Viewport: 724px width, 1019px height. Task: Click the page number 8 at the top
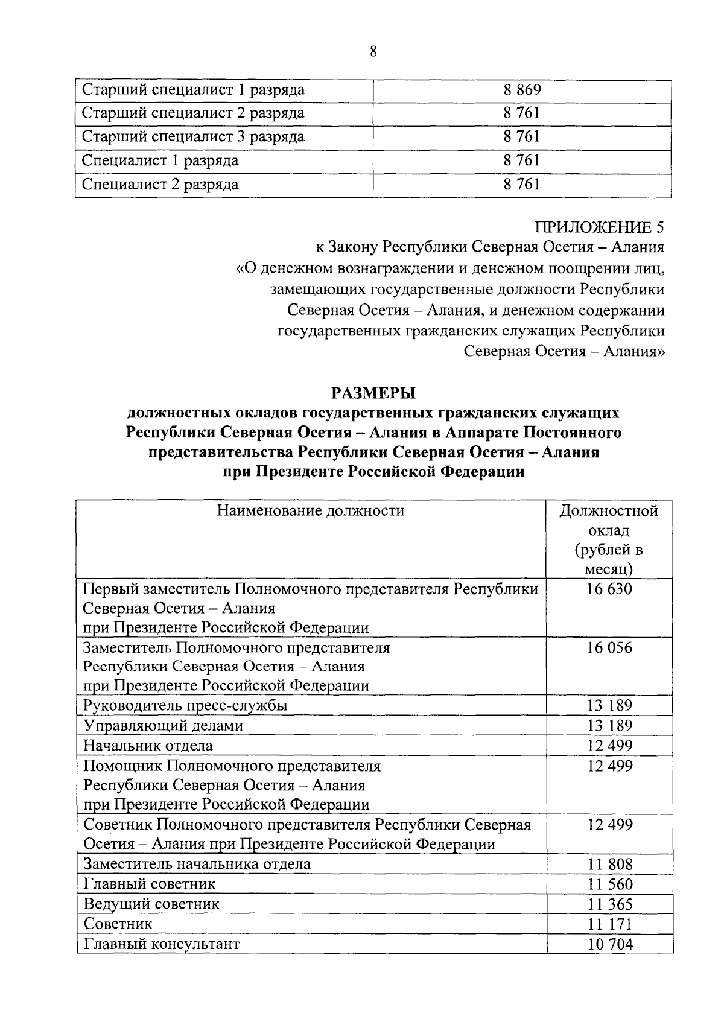tap(373, 52)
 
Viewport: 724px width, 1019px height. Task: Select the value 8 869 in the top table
tap(522, 90)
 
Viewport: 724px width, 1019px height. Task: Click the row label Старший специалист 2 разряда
tap(193, 113)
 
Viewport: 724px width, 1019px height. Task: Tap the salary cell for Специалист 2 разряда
tap(522, 185)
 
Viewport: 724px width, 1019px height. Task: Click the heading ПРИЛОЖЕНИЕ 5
tap(600, 227)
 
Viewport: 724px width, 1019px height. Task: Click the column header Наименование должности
tap(311, 511)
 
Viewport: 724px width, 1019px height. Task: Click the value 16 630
tap(609, 589)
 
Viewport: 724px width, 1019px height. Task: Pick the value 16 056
tap(609, 648)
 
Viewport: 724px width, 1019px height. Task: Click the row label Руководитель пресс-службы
tap(185, 705)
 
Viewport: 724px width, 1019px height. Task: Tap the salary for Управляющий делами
tap(609, 725)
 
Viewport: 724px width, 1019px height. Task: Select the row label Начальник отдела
tap(148, 745)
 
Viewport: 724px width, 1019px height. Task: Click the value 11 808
tap(609, 864)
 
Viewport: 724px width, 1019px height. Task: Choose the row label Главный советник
tap(150, 884)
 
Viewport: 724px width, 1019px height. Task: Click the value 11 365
tap(609, 904)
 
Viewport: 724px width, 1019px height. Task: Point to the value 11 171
tap(609, 924)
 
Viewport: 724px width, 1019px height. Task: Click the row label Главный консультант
tap(162, 944)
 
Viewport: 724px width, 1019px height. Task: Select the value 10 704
tap(609, 944)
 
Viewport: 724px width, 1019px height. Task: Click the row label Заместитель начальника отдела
tap(197, 864)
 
